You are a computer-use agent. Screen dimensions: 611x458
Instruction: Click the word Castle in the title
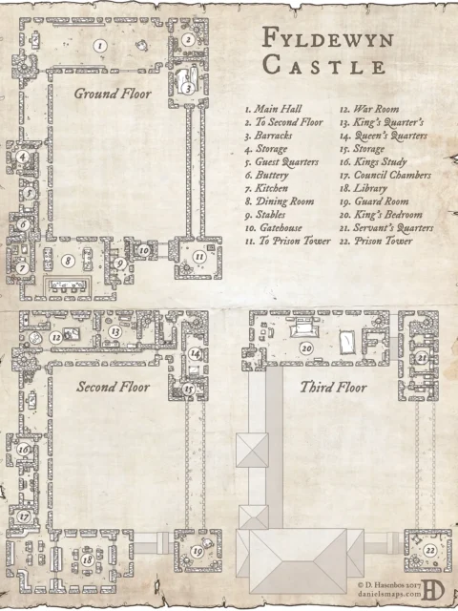click(324, 67)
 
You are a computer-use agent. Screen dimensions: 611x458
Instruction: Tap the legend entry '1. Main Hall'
click(271, 110)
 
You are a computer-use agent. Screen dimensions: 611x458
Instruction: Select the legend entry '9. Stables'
click(268, 216)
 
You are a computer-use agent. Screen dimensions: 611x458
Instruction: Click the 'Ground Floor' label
click(112, 94)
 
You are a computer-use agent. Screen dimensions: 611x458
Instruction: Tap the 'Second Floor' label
click(114, 387)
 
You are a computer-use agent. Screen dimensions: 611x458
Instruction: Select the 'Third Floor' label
click(333, 388)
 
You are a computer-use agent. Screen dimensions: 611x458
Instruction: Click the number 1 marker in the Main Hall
click(99, 45)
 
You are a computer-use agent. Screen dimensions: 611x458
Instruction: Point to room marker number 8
click(68, 260)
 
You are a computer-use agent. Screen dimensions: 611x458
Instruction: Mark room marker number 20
click(305, 348)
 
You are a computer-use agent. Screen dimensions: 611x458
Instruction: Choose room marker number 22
click(430, 551)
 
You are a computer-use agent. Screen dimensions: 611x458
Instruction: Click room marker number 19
click(197, 551)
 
